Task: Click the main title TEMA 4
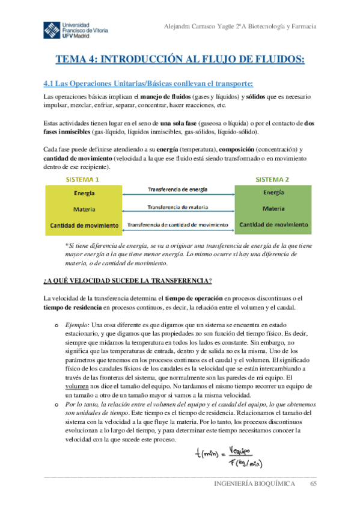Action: click(180, 59)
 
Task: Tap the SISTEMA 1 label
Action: click(82, 179)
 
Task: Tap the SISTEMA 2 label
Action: click(273, 179)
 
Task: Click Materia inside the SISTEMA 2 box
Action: click(273, 209)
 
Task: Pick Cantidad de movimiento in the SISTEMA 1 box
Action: click(83, 226)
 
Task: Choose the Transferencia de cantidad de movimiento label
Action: click(178, 224)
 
